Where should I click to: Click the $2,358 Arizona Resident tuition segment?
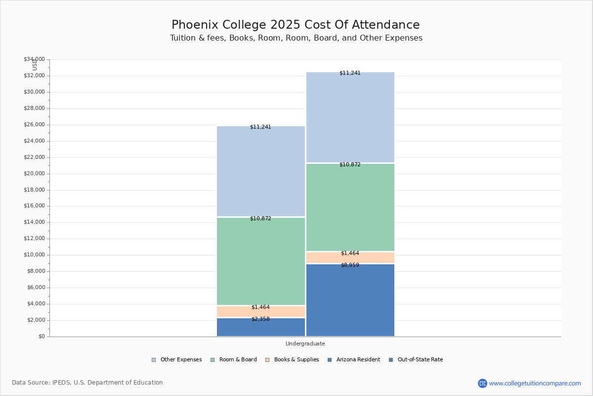coord(261,328)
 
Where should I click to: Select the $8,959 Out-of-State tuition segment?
coord(350,300)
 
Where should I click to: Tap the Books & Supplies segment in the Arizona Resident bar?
coord(261,312)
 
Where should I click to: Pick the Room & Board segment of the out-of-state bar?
coord(350,208)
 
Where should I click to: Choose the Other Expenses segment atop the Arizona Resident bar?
coord(261,171)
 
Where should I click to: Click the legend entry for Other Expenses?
coord(176,360)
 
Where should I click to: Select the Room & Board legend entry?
coord(234,360)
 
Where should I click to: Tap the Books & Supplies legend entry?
coord(292,360)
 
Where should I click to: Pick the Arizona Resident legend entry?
coord(354,360)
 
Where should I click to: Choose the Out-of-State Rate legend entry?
coord(416,360)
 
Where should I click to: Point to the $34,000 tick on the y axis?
coord(34,59)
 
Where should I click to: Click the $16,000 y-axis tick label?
coord(34,206)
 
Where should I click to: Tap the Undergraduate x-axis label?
coord(305,344)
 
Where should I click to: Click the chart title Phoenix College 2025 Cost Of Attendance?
coord(296,25)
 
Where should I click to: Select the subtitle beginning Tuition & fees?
coord(296,38)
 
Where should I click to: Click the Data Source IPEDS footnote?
coord(87,383)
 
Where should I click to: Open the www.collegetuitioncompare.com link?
coord(535,383)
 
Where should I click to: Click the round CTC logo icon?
coord(482,383)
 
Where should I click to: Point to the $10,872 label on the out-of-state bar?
coord(350,164)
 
